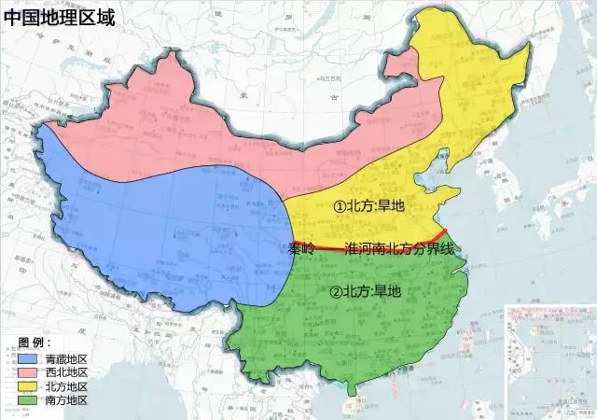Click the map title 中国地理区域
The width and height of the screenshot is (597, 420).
pyautogui.click(x=58, y=17)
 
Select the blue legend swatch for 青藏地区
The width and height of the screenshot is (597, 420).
pyautogui.click(x=28, y=358)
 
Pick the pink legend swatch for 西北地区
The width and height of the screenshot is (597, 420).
pyautogui.click(x=28, y=372)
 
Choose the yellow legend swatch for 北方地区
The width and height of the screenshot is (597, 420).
pyautogui.click(x=28, y=386)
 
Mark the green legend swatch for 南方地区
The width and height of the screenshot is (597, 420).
pyautogui.click(x=28, y=400)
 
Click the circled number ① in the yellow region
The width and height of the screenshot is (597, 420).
pyautogui.click(x=339, y=207)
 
